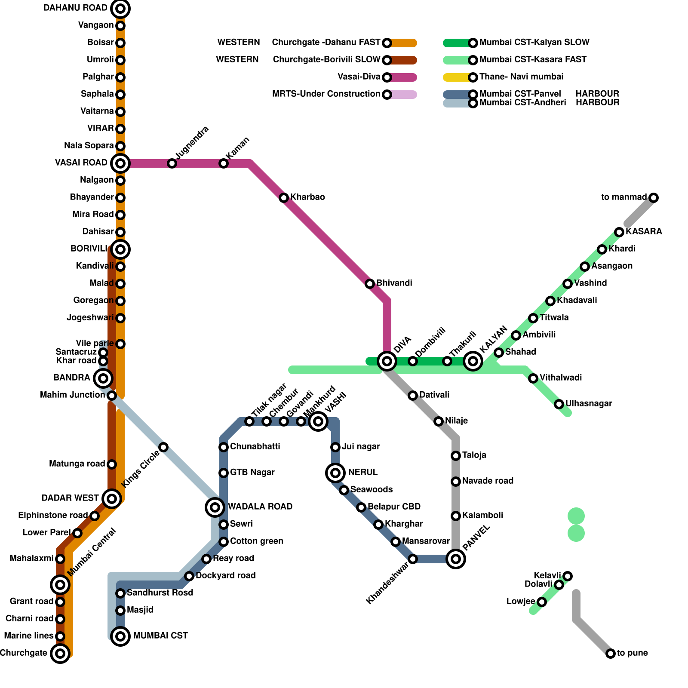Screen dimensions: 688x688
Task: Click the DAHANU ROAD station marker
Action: (120, 8)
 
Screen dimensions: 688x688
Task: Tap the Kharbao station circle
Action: (284, 198)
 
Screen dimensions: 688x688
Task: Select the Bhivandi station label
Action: (394, 283)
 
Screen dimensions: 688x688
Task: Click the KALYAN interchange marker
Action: (473, 361)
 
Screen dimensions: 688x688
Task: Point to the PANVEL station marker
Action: (456, 559)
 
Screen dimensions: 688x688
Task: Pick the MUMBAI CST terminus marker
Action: (120, 636)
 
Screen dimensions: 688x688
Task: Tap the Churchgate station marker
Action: (60, 654)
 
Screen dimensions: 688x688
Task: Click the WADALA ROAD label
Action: (260, 507)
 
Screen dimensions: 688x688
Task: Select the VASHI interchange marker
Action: (318, 421)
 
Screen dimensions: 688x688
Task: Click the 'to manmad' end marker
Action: (654, 198)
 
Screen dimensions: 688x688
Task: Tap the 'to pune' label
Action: (632, 653)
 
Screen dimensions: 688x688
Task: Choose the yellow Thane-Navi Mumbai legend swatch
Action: (457, 77)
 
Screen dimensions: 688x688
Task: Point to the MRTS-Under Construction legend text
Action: (326, 94)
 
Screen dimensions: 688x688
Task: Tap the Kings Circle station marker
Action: (163, 447)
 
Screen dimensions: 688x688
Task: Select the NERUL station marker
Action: (335, 473)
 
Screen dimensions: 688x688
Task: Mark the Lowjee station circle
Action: (542, 602)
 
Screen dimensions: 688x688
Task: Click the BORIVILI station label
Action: (89, 249)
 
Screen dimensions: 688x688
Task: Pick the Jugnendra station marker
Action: (172, 163)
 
